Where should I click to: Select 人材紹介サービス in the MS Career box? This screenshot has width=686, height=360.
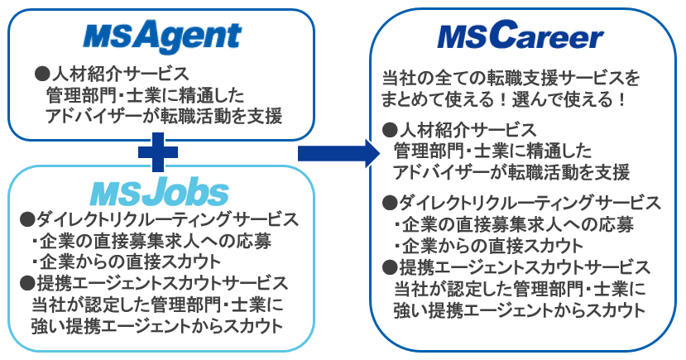point(459,130)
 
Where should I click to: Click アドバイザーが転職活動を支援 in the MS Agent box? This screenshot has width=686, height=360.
point(165,115)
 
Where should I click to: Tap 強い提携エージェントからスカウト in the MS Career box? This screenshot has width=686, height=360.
point(519,310)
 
